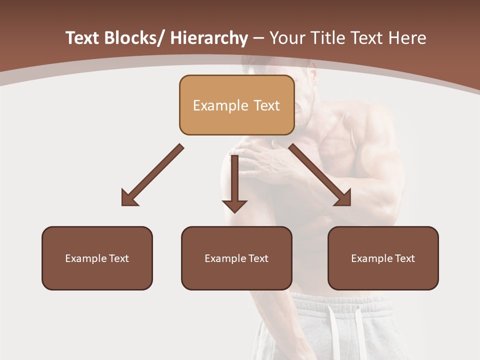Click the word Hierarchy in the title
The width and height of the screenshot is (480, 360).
click(x=209, y=38)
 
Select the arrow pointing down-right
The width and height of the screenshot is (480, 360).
click(x=321, y=176)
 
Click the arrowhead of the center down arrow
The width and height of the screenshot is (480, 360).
click(x=234, y=205)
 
